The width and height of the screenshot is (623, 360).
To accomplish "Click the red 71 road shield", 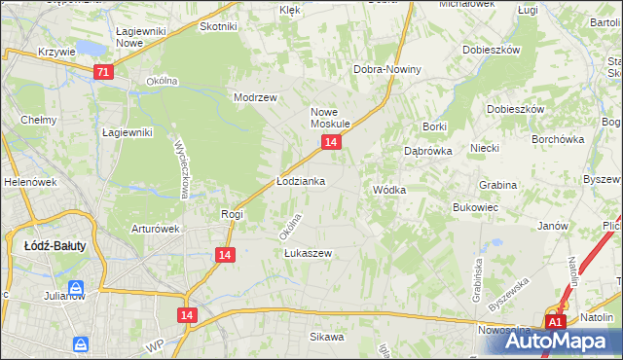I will (104, 72).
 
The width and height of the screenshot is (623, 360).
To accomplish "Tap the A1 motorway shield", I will (555, 322).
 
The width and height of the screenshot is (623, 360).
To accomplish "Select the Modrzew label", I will (256, 97).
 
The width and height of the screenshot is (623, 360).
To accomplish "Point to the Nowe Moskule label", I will (330, 118).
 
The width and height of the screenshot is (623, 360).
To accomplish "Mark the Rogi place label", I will (232, 214).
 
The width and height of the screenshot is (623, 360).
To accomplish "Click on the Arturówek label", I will (156, 230).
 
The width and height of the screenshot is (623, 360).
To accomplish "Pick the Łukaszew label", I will (308, 253).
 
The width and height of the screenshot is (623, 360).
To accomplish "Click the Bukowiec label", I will (476, 207).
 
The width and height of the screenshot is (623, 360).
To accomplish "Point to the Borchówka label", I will (558, 139).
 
